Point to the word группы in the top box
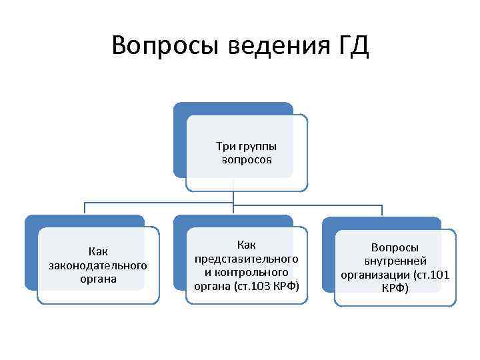257,146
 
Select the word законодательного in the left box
98,265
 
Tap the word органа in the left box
98,279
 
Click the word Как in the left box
98,251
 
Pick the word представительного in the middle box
247,258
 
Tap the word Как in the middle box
247,244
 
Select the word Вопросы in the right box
395,247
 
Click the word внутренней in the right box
395,261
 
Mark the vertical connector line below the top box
233,197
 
